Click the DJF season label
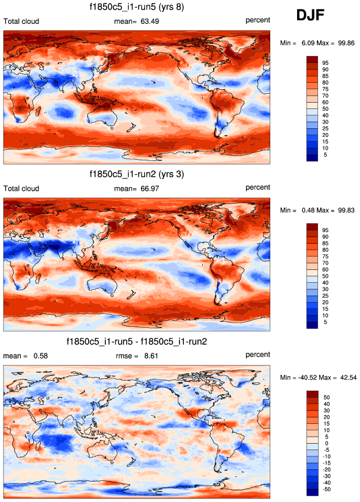tap(313, 16)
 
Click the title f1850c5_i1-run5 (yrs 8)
tap(137, 7)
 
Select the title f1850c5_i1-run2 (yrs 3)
tap(137, 174)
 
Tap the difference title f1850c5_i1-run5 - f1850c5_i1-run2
tap(137, 342)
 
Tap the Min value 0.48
tap(307, 210)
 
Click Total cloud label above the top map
tap(22, 22)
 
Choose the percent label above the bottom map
tap(257, 354)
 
